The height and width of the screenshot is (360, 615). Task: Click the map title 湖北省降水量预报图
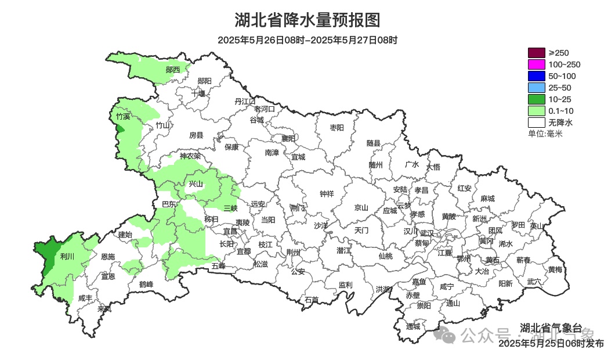pos(307,20)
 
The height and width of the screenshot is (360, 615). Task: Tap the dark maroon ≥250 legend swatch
pos(537,53)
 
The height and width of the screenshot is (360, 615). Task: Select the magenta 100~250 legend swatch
pos(537,64)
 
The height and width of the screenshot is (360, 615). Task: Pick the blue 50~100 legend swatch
pos(537,76)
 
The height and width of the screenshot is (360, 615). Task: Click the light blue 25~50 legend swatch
pos(537,88)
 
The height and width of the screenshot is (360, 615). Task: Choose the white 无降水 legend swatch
pos(537,123)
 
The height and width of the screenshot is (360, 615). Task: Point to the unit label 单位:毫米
pos(545,134)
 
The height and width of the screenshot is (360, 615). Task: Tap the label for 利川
pos(68,257)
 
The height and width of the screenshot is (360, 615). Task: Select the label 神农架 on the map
pos(190,156)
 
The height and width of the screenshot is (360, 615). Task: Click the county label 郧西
pos(173,70)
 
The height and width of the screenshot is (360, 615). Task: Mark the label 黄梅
pos(555,269)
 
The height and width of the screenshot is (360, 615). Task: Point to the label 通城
pos(413,326)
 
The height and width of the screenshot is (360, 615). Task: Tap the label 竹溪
pos(123,116)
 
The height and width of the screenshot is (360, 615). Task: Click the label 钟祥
pos(327,194)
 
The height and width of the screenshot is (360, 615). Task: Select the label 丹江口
pos(245,101)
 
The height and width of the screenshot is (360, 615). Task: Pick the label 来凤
pos(104,308)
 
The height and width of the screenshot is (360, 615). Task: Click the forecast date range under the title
pos(307,40)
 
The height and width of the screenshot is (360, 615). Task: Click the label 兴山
pos(196,184)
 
